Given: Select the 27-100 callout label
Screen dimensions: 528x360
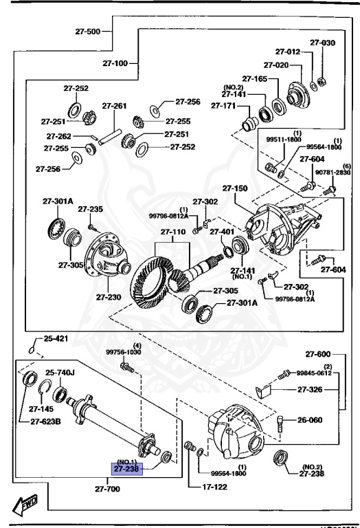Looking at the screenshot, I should (116, 63).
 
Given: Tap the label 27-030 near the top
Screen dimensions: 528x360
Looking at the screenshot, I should (322, 43).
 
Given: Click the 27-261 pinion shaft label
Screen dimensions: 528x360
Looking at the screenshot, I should (115, 106).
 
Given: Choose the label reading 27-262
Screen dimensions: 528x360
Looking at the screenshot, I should (60, 136).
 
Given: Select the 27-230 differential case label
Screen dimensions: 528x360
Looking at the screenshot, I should (109, 297).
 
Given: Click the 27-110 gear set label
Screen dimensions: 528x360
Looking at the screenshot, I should (174, 232).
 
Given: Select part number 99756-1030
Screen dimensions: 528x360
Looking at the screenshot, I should (124, 352).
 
